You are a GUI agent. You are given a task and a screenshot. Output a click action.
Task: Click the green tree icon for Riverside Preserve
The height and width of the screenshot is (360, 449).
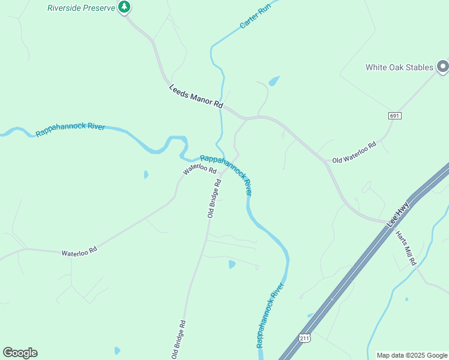click(x=124, y=7)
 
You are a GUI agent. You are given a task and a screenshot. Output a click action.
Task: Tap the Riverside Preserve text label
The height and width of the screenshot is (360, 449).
click(x=81, y=8)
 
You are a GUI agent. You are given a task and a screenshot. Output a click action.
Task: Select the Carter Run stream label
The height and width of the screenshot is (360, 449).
click(x=256, y=16)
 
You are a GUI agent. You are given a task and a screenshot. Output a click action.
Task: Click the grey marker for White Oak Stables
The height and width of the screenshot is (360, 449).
click(x=443, y=67)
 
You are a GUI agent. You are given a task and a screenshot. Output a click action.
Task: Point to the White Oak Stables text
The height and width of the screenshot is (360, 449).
click(x=399, y=67)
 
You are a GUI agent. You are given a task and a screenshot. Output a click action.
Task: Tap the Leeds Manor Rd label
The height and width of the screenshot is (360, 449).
click(x=196, y=95)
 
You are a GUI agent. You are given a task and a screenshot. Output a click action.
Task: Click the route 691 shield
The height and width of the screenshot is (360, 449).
click(x=394, y=115)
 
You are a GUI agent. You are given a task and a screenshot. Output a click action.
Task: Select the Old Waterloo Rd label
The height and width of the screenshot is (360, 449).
click(x=354, y=152)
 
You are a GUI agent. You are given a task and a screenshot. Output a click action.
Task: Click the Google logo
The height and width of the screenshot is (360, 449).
click(x=20, y=353)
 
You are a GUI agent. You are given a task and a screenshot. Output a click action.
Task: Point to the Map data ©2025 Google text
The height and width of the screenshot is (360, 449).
click(x=412, y=355)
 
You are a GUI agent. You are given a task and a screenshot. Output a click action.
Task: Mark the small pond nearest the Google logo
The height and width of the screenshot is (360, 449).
click(x=117, y=350)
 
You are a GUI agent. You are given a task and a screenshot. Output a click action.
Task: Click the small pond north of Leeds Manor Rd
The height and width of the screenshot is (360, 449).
click(x=274, y=80)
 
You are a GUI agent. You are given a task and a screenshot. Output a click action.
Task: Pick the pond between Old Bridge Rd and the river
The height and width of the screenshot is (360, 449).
click(x=232, y=264)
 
